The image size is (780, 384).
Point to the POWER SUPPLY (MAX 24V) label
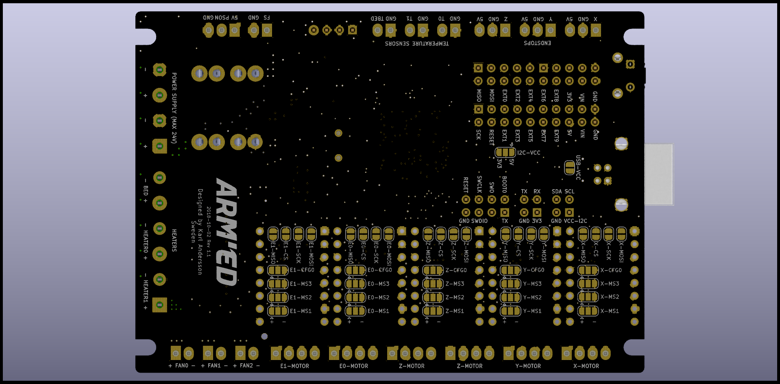click(174, 108)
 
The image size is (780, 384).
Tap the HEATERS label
click(174, 240)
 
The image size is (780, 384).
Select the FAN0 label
click(182, 366)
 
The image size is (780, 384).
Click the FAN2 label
click(246, 366)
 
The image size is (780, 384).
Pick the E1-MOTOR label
click(294, 366)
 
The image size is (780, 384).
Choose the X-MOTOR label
click(586, 366)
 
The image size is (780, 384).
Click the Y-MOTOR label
click(528, 366)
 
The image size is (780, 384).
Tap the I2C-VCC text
click(529, 153)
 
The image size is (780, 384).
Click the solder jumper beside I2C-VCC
click(505, 153)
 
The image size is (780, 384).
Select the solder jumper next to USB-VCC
click(569, 167)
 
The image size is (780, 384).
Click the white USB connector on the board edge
click(658, 174)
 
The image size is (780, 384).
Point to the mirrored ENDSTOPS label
click(537, 43)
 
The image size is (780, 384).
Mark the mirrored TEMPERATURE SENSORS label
click(417, 43)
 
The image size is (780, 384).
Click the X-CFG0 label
click(611, 270)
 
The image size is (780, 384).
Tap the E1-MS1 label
click(301, 311)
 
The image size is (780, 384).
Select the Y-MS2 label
click(532, 297)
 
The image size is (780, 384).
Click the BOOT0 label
click(504, 184)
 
